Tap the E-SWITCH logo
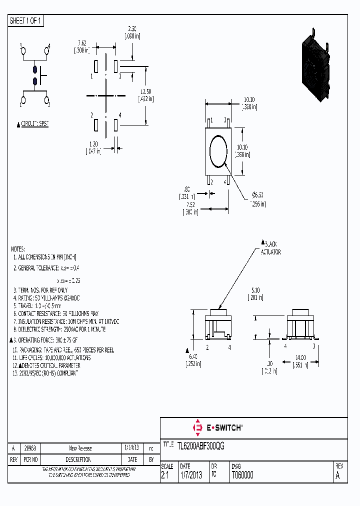pyautogui.click(x=217, y=428)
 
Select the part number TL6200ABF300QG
pyautogui.click(x=200, y=446)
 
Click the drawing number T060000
pyautogui.click(x=242, y=475)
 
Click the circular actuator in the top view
pyautogui.click(x=218, y=150)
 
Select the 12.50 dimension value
pyautogui.click(x=145, y=91)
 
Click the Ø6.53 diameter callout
pyautogui.click(x=258, y=194)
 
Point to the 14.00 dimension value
pyautogui.click(x=300, y=358)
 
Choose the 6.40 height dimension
pyautogui.click(x=193, y=356)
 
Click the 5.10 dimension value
pyautogui.click(x=255, y=290)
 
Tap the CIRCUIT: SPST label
pyautogui.click(x=34, y=123)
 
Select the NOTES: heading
pyautogui.click(x=17, y=248)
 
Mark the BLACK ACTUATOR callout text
pyautogui.click(x=270, y=248)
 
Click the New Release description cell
pyautogui.click(x=80, y=448)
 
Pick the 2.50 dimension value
pyautogui.click(x=132, y=29)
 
